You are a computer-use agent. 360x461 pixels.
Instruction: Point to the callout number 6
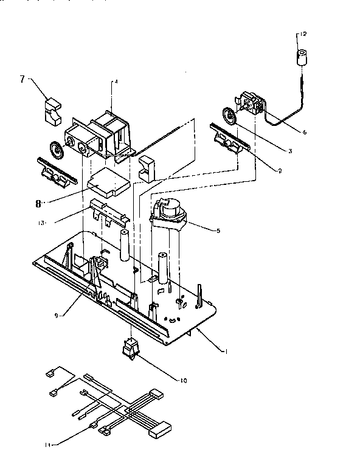[x=304, y=131]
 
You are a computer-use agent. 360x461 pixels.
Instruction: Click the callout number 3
[x=291, y=150]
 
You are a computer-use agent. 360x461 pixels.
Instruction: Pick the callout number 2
[x=279, y=171]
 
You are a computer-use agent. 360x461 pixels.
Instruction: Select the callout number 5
[x=227, y=230]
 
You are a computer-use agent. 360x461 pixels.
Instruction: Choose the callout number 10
[x=180, y=381]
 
